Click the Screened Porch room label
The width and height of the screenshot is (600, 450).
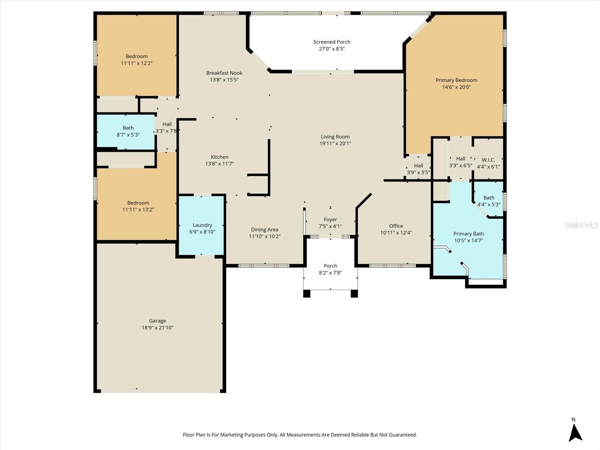point(332,42)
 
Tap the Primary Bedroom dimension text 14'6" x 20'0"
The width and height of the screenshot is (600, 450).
point(456,87)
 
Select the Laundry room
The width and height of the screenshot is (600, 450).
point(202,225)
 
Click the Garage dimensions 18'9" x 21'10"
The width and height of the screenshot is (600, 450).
point(157,328)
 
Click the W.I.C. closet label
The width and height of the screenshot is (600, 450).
point(488,160)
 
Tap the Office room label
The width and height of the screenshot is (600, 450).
point(396,226)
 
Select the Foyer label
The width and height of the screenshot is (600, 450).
point(330,219)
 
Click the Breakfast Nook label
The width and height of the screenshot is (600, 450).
point(224,73)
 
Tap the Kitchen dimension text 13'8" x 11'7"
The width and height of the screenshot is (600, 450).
point(220,164)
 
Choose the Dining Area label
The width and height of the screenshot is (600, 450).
point(265,229)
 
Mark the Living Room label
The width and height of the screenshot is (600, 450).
point(335,137)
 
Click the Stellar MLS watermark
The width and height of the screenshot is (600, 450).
point(581,225)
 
